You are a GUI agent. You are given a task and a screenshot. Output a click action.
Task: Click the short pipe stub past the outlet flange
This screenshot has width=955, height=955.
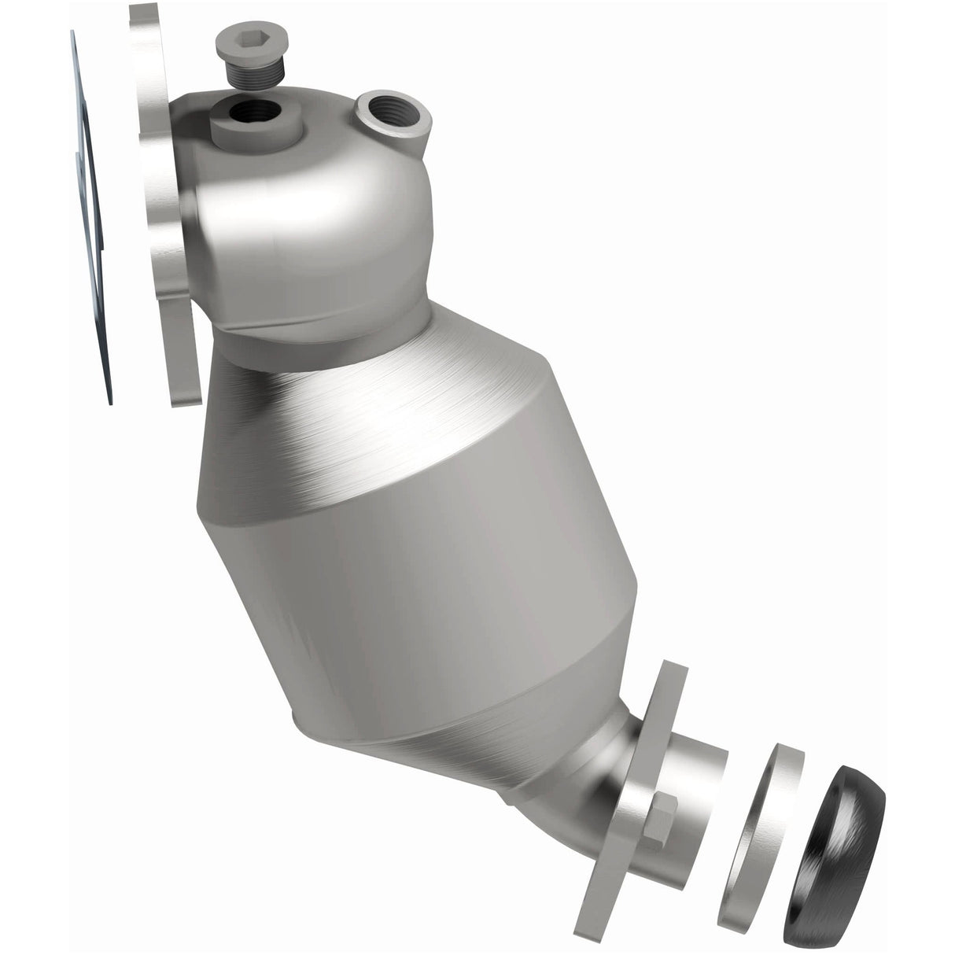click(700, 802)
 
